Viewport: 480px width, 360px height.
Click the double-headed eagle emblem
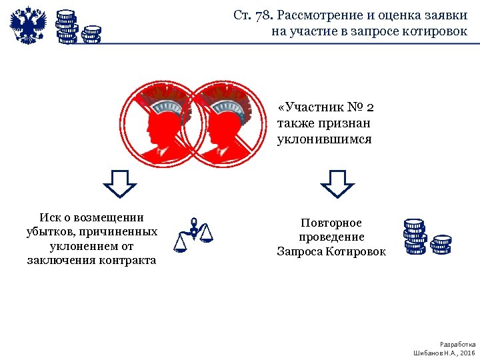(29, 25)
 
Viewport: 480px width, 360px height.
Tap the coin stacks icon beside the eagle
(77, 27)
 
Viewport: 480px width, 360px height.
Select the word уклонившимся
(324, 140)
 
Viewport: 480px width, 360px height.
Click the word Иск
(50, 217)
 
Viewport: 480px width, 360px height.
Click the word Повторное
(331, 223)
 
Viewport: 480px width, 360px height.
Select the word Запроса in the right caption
(301, 251)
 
